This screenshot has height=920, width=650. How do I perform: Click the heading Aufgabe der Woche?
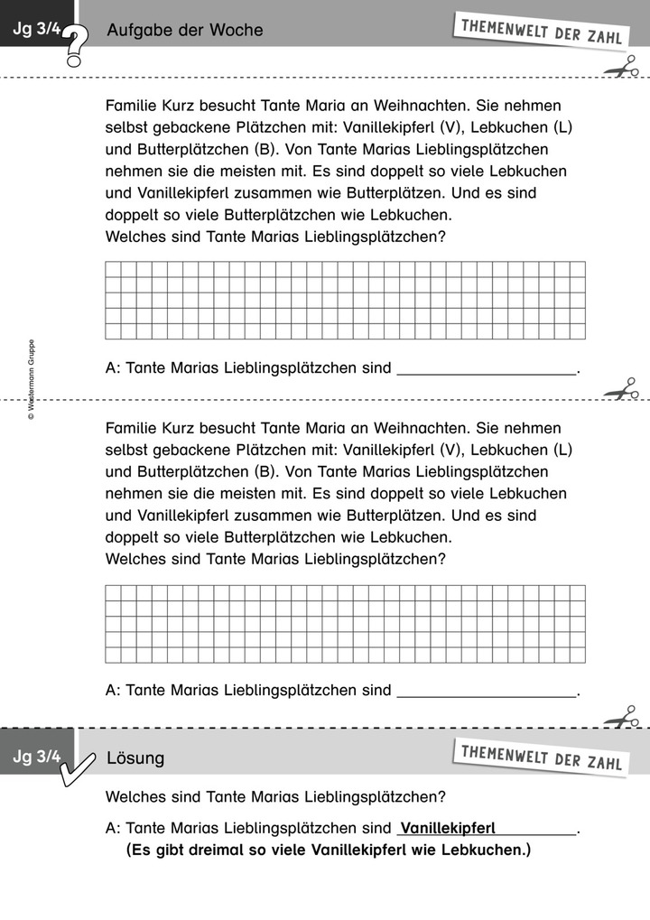pyautogui.click(x=185, y=31)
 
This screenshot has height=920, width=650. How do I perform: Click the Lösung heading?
pyautogui.click(x=135, y=757)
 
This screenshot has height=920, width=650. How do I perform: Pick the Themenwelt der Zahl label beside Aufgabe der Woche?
pyautogui.click(x=541, y=29)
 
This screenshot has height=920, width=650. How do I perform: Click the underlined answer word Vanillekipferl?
pyautogui.click(x=448, y=828)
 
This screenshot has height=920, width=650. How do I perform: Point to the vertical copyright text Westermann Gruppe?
pyautogui.click(x=31, y=379)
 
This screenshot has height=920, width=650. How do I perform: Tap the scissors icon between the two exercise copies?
pyautogui.click(x=621, y=390)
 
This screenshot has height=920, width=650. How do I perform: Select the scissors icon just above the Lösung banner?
pyautogui.click(x=621, y=719)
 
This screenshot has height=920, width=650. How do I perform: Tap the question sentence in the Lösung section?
pyautogui.click(x=275, y=797)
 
